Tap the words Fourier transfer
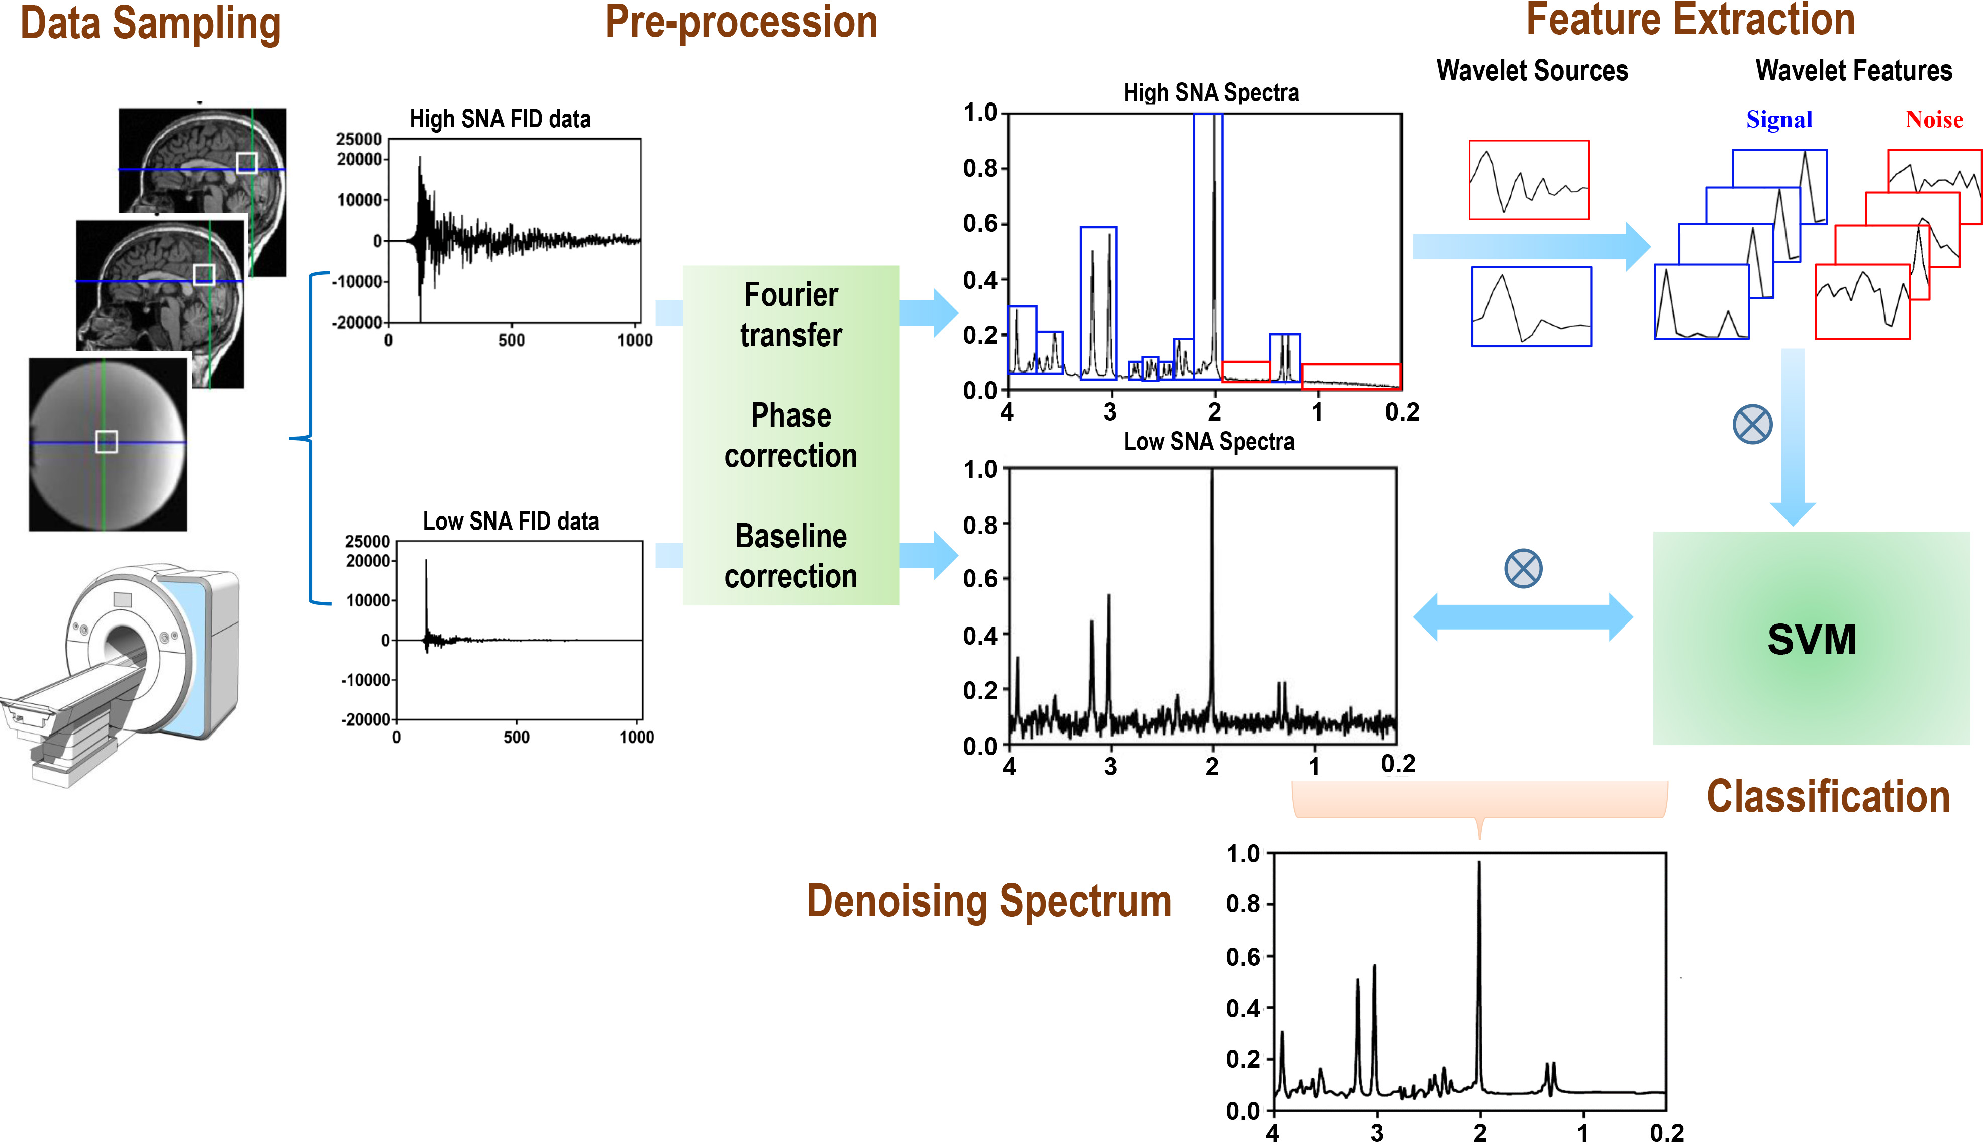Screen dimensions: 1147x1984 (x=790, y=315)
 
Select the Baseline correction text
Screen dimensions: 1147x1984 (x=790, y=556)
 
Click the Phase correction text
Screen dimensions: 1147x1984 (x=790, y=436)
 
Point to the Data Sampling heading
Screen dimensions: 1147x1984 (x=150, y=24)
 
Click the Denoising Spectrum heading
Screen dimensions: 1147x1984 (x=989, y=901)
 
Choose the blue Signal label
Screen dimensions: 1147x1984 (x=1778, y=120)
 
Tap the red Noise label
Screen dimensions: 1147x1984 (x=1934, y=120)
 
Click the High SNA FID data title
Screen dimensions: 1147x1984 (x=500, y=119)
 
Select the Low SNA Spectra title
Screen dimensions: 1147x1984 (x=1209, y=442)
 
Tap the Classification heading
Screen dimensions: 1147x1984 (x=1827, y=797)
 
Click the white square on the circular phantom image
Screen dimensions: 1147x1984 (x=107, y=442)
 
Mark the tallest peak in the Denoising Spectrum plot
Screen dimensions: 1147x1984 (x=1478, y=864)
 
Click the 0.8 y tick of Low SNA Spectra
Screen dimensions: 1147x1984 (x=980, y=525)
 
